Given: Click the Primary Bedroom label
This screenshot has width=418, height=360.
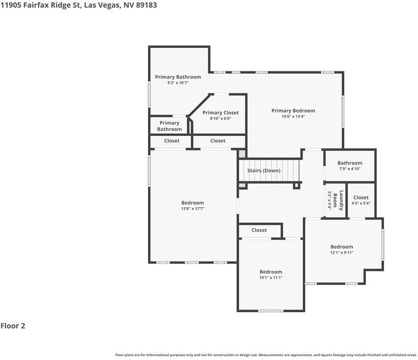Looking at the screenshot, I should click(x=293, y=110).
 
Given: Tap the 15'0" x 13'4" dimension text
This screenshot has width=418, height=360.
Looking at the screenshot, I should click(x=293, y=117).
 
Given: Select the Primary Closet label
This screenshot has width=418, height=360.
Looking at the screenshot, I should click(x=221, y=113).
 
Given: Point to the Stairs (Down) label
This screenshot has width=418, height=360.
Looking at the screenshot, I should click(x=263, y=170).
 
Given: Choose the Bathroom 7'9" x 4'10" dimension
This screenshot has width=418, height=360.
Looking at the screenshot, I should click(x=350, y=169).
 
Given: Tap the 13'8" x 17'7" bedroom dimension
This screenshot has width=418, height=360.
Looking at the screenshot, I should click(x=193, y=209).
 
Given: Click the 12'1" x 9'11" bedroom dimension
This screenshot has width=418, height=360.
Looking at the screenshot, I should click(x=342, y=253).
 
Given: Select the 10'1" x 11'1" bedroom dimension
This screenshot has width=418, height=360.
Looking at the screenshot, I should click(x=271, y=278).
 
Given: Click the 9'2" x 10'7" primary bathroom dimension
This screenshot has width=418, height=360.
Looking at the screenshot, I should click(x=178, y=83).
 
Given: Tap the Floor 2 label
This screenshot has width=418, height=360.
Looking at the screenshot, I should click(x=13, y=326).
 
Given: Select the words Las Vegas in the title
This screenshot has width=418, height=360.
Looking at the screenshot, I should click(x=103, y=4).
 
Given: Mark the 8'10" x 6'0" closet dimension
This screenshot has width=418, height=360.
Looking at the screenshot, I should click(x=221, y=119).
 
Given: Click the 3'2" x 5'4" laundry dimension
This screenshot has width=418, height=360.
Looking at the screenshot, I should click(x=330, y=201).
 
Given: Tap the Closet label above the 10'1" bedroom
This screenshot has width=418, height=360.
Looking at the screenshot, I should click(x=259, y=230).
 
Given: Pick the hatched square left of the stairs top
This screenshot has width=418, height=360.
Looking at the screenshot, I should click(x=242, y=155).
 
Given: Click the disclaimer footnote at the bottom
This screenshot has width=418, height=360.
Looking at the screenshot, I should click(x=266, y=355).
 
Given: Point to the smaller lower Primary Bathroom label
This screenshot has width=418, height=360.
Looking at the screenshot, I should click(x=169, y=126).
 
